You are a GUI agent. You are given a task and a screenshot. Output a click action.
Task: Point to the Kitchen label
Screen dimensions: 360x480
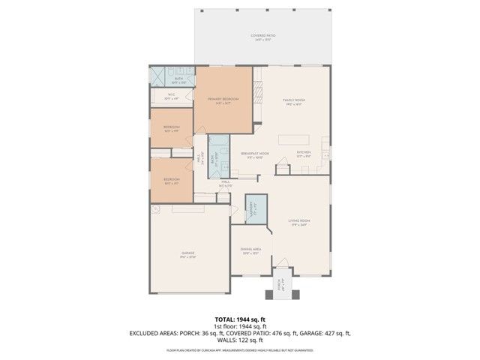303,153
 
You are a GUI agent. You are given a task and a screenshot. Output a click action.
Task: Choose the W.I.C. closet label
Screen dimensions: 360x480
171,96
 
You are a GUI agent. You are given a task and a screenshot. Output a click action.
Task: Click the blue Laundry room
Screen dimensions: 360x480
256,209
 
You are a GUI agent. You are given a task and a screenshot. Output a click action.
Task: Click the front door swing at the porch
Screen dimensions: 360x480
282,270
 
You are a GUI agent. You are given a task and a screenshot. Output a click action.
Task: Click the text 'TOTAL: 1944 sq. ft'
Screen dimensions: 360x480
239,319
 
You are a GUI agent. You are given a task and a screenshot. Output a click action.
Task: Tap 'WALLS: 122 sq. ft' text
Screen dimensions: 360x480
239,340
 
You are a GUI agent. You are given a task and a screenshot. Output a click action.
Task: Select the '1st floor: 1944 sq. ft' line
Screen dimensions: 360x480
239,326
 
